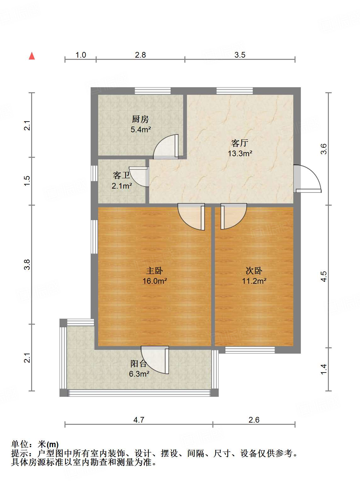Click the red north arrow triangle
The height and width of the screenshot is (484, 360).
click(32, 56)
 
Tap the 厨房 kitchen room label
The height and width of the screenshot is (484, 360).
click(140, 119)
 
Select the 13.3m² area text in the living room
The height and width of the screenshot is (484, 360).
click(240, 154)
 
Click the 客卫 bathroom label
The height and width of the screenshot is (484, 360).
click(121, 175)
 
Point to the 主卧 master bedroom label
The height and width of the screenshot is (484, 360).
click(155, 271)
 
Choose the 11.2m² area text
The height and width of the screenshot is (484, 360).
click(254, 281)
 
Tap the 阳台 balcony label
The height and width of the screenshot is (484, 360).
click(139, 364)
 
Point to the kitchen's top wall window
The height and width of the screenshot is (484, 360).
click(153, 91)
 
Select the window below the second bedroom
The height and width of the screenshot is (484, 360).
click(250, 350)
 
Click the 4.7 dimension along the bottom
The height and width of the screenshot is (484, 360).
click(139, 420)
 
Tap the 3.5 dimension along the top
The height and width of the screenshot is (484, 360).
click(240, 55)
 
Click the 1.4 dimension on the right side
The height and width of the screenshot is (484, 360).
click(324, 369)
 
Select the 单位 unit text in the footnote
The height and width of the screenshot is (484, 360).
click(20, 444)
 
